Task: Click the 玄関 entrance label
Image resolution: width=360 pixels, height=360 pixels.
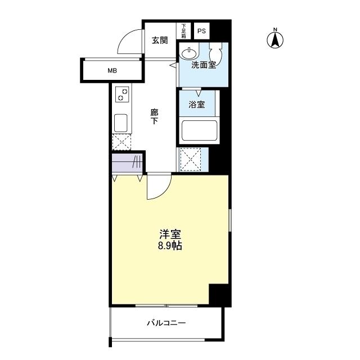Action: (x=160, y=40)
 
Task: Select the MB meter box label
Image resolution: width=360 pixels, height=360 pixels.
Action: (x=112, y=71)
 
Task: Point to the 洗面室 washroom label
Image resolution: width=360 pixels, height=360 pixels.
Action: (x=203, y=65)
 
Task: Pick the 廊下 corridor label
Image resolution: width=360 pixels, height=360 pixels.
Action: (x=154, y=116)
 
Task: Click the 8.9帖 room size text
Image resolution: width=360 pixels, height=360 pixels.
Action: (x=170, y=246)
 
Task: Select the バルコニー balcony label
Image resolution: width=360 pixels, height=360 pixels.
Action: (x=166, y=323)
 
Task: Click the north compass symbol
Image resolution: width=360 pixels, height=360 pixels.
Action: (x=275, y=39)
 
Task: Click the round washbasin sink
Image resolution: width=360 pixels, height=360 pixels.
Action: (x=188, y=53)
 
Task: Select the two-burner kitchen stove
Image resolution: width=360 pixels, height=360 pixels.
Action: (x=122, y=94)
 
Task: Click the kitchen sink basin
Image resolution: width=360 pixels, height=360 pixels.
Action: (x=121, y=123)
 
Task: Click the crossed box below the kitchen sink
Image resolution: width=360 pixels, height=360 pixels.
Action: (x=121, y=142)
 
